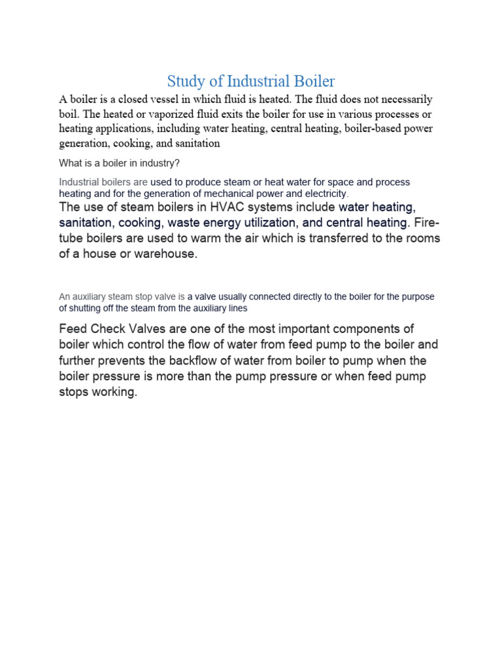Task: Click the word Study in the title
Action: coord(185,82)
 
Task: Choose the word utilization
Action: coord(262,223)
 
